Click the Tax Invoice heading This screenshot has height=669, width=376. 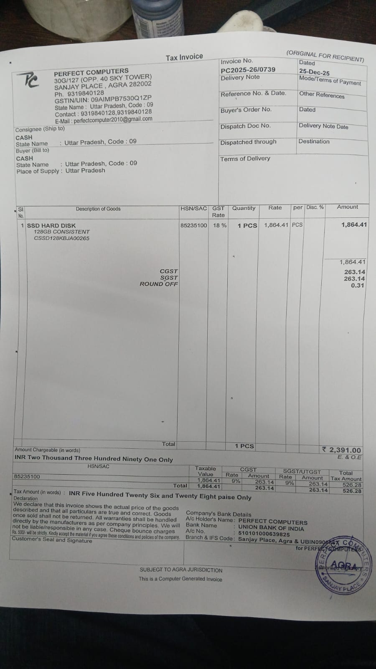coord(184,57)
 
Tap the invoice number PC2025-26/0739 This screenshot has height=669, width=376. coord(248,69)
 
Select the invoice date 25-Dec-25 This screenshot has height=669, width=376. coord(314,72)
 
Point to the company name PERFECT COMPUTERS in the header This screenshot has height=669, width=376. coord(91,71)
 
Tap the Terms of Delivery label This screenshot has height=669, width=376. coord(245,158)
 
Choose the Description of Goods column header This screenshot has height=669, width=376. coord(98,209)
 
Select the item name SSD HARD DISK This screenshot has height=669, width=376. coord(51,225)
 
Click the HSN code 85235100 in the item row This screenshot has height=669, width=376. coord(193,225)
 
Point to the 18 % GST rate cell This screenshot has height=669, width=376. coord(220,225)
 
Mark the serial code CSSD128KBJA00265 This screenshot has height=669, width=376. coord(61,238)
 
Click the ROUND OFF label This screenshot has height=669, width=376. coord(159,284)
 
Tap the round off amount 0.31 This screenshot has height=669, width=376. coord(358,286)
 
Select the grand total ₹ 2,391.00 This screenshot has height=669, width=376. coord(342,450)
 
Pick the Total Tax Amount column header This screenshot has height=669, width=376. coord(346,476)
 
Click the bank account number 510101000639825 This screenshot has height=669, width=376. coord(264,534)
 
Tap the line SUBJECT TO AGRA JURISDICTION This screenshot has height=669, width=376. coord(181,570)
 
